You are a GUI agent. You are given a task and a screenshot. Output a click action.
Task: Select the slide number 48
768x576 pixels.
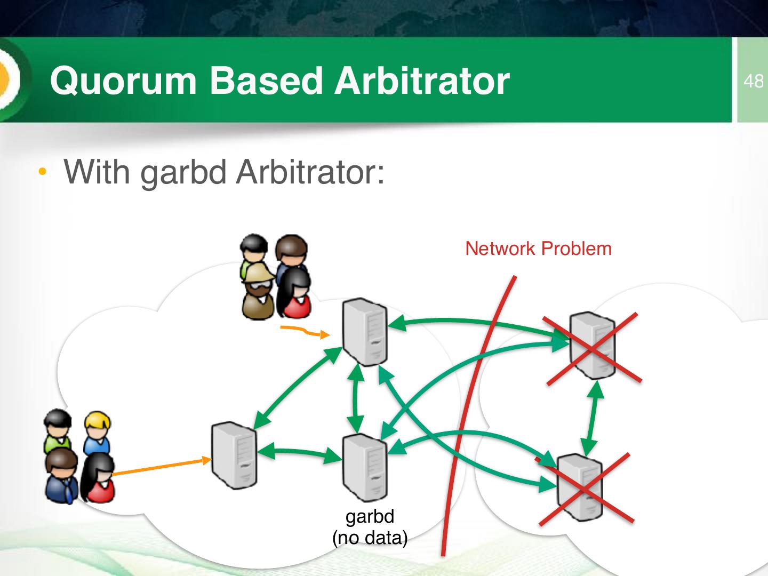pyautogui.click(x=753, y=81)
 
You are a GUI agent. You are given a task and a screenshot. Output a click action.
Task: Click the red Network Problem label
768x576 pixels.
pyautogui.click(x=538, y=249)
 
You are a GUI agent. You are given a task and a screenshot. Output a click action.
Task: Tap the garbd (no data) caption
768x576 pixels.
pyautogui.click(x=370, y=527)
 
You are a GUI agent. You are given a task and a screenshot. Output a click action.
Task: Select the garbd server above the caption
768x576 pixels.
pyautogui.click(x=365, y=467)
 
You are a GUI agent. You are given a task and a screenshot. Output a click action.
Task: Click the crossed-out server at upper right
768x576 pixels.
pyautogui.click(x=592, y=346)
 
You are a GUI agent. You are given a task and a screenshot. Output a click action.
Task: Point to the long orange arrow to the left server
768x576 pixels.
pyautogui.click(x=160, y=466)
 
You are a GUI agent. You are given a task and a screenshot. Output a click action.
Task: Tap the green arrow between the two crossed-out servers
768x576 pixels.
pyautogui.click(x=593, y=419)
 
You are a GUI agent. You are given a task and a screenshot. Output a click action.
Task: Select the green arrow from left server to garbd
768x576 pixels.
pyautogui.click(x=299, y=452)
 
